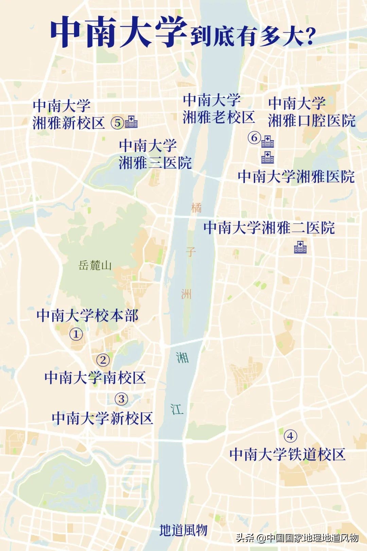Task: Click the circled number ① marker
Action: coord(76,334)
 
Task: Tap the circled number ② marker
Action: coord(103,360)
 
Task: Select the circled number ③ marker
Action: coord(121,399)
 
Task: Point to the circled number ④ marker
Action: coord(290,436)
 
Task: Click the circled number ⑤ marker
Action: coord(118,122)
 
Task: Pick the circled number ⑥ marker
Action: coord(254,138)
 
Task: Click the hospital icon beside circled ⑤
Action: coord(131,122)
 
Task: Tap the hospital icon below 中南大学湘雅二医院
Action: coord(300,247)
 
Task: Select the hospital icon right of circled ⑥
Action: coord(267,141)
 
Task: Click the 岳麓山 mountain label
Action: coord(95,265)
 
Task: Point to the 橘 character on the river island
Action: coord(196,207)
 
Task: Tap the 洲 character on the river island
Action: coord(186,294)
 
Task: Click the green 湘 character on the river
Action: coord(182,357)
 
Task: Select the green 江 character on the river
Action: coord(177,409)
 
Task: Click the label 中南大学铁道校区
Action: coord(287,454)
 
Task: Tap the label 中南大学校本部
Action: coord(87,315)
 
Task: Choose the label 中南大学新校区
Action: coord(102,418)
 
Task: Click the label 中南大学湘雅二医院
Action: coord(269,228)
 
